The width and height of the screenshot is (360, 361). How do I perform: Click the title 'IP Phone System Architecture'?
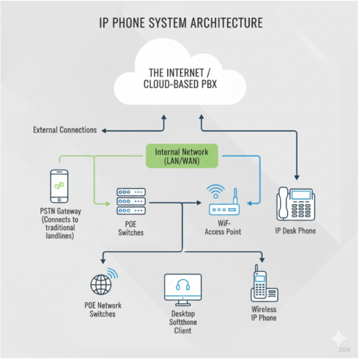[180, 23]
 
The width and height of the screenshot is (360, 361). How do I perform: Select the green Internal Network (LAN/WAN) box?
[182, 156]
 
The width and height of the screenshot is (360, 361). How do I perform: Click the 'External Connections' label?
[65, 130]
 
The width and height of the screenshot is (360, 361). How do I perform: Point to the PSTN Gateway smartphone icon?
[60, 186]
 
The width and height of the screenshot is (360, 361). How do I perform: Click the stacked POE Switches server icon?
[131, 201]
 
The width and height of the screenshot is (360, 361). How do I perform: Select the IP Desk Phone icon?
[296, 204]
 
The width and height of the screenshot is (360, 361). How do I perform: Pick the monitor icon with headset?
[183, 287]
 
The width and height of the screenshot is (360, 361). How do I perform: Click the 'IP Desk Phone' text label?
[295, 231]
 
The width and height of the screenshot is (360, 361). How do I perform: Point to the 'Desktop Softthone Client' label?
[183, 322]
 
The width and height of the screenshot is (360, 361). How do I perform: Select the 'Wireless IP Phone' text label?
[264, 313]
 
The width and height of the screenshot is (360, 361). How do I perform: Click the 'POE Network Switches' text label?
[103, 309]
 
